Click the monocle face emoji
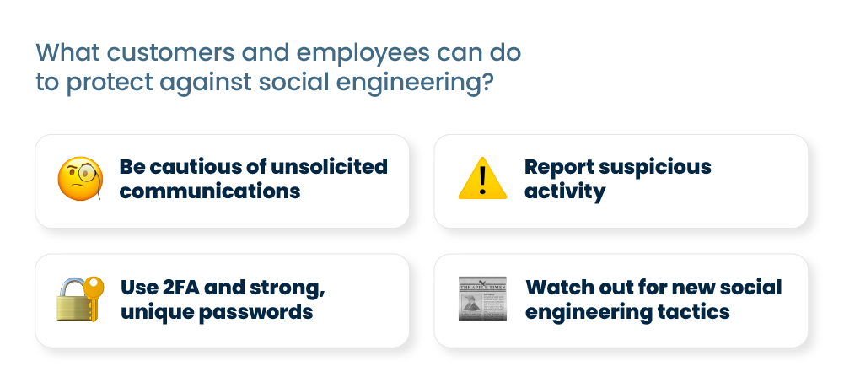[x=80, y=179]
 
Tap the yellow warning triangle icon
[x=482, y=178]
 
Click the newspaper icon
[x=482, y=299]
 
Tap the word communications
[x=210, y=191]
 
